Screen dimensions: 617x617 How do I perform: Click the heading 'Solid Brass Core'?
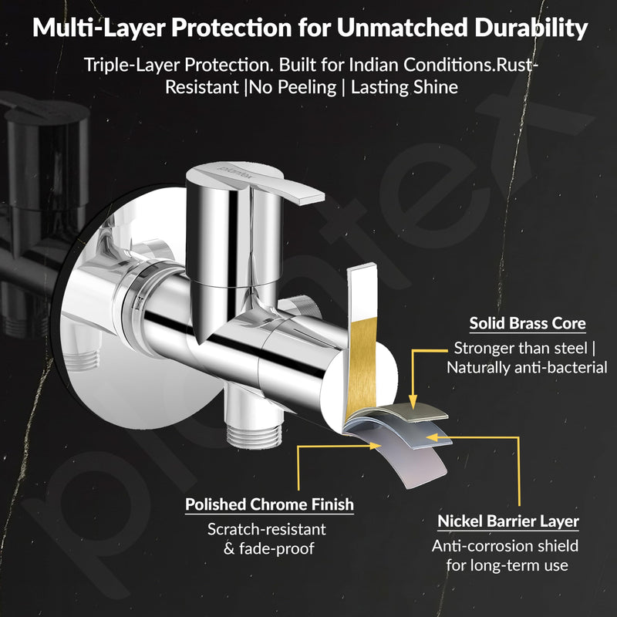528,323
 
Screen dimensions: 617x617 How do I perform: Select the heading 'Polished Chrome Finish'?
269,504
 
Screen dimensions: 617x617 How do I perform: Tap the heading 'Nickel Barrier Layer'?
508,521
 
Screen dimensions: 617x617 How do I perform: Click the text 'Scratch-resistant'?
267,529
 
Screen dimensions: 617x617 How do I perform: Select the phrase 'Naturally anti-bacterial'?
528,368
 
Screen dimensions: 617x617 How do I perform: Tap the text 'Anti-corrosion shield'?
505,546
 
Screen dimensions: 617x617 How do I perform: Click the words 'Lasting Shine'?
404,87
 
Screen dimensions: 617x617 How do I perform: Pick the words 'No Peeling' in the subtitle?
293,87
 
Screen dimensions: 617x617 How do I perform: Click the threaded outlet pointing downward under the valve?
254,435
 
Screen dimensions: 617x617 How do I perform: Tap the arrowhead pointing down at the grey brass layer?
413,403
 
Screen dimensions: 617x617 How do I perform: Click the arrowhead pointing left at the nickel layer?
433,437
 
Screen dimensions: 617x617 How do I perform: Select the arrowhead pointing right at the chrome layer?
376,446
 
